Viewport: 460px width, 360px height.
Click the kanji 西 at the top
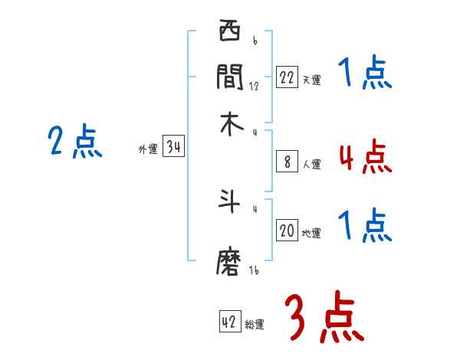(x=229, y=33)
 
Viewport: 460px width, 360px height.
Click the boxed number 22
(x=287, y=77)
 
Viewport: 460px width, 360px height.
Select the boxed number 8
(x=287, y=162)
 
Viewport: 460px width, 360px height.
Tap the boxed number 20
(x=287, y=231)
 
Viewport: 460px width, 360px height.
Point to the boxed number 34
(x=173, y=148)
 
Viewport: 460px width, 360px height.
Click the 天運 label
(x=311, y=80)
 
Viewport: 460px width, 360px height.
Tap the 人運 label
(x=311, y=164)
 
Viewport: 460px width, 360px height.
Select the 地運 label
(x=311, y=234)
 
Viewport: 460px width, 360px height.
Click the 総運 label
(x=255, y=325)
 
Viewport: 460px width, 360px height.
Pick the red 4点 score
(x=364, y=157)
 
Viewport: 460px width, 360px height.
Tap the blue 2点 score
(x=74, y=142)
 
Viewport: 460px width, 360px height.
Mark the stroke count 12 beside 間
(x=254, y=86)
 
